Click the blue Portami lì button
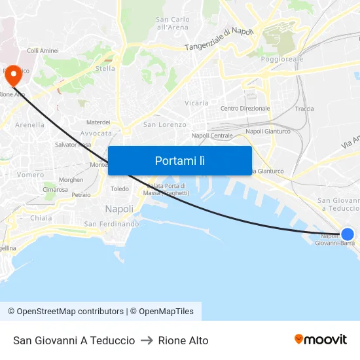point(180,160)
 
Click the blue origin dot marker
point(348,234)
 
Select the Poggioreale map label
point(282,59)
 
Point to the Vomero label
point(31,175)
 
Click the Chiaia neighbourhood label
point(41,218)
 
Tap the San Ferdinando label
point(111,224)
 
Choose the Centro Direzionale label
point(245,109)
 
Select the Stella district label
point(105,68)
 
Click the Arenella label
point(29,124)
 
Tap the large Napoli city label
point(119,209)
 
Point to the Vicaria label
point(196,103)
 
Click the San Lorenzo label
point(165,124)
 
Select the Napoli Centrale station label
point(212,135)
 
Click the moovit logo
point(321,339)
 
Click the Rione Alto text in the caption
point(183,340)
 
